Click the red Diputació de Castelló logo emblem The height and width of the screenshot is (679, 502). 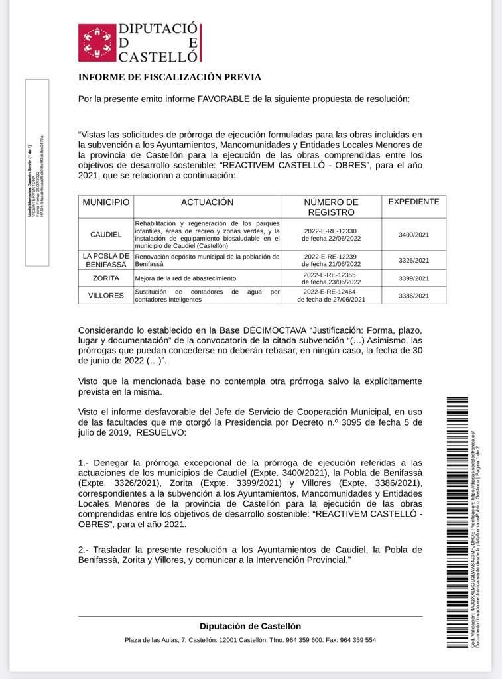tap(96, 42)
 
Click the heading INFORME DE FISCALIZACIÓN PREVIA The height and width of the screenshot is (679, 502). tap(169, 78)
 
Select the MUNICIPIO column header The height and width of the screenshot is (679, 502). tap(106, 202)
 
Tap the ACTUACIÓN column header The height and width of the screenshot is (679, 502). tap(207, 202)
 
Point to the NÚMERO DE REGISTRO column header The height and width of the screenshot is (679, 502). tap(331, 207)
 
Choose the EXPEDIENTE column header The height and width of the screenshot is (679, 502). tap(413, 202)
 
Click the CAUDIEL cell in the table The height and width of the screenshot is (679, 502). tap(106, 235)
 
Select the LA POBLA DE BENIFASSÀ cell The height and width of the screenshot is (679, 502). tap(106, 260)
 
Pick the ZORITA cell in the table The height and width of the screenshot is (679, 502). tap(106, 278)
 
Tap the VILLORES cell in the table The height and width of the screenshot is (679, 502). tap(106, 296)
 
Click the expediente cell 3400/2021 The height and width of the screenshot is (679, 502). tap(413, 235)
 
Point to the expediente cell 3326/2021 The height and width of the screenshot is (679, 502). tap(413, 261)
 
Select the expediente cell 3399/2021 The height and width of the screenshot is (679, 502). tap(413, 278)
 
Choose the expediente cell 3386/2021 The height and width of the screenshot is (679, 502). tap(413, 296)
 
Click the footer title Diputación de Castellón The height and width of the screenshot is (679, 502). tap(250, 626)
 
